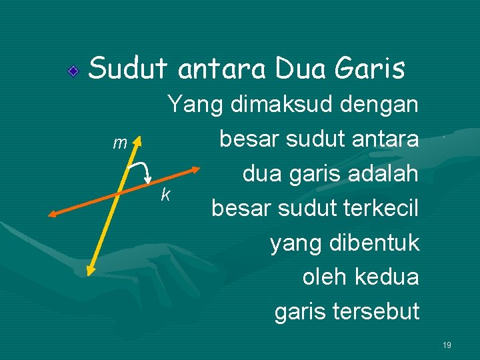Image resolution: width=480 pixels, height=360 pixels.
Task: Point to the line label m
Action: pyautogui.click(x=119, y=143)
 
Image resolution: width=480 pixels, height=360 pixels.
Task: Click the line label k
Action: pyautogui.click(x=165, y=195)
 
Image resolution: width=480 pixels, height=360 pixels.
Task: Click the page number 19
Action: pyautogui.click(x=447, y=345)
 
